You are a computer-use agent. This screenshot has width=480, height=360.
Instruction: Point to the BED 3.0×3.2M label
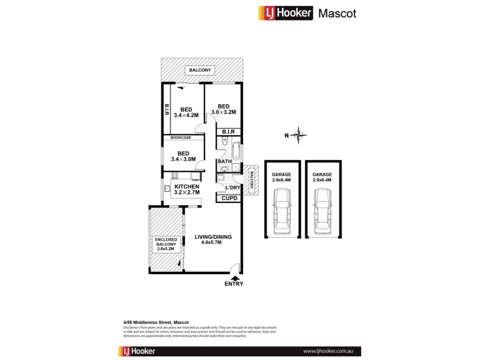point(223,109)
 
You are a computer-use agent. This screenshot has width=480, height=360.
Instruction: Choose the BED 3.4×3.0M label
point(183,156)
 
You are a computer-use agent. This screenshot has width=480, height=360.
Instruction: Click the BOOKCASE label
point(180,137)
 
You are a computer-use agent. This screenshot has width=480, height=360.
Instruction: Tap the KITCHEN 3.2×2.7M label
point(187,190)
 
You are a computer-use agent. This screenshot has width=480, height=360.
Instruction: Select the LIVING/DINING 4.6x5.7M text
point(213,239)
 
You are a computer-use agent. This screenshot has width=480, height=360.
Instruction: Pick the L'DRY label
point(233,188)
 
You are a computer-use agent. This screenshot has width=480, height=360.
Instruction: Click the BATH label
point(224,161)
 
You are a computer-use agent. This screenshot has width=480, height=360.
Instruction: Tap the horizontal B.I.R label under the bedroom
point(228,131)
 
